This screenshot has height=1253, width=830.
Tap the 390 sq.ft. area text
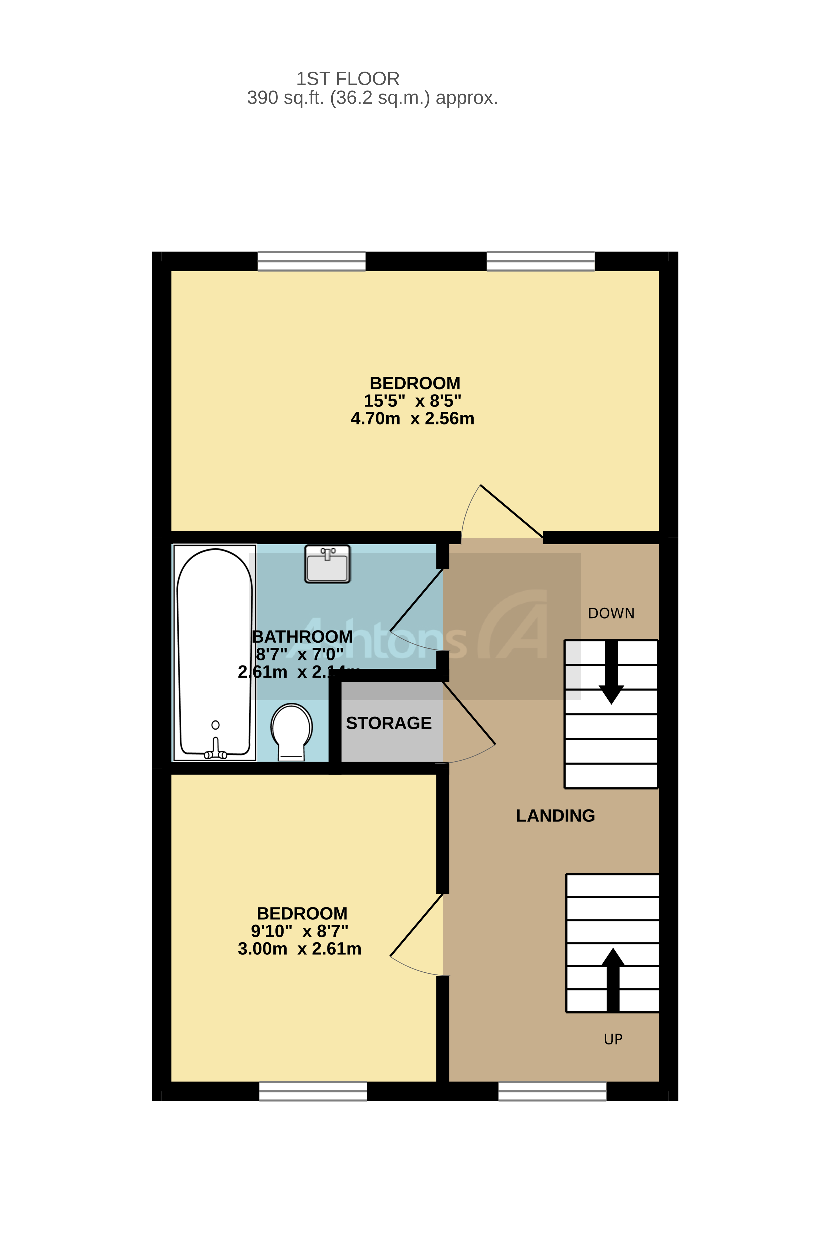(x=372, y=98)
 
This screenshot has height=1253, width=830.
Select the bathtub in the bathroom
(x=214, y=651)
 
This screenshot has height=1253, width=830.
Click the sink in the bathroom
(x=327, y=564)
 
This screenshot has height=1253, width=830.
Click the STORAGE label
(x=388, y=723)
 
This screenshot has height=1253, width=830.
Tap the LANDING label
(x=555, y=816)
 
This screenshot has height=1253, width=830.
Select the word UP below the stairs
(x=613, y=1039)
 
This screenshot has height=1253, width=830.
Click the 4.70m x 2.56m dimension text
(x=412, y=419)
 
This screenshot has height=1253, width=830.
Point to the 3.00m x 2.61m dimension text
(x=300, y=949)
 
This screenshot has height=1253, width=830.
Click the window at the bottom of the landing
(x=552, y=1091)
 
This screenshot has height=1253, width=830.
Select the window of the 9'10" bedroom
(x=313, y=1091)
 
